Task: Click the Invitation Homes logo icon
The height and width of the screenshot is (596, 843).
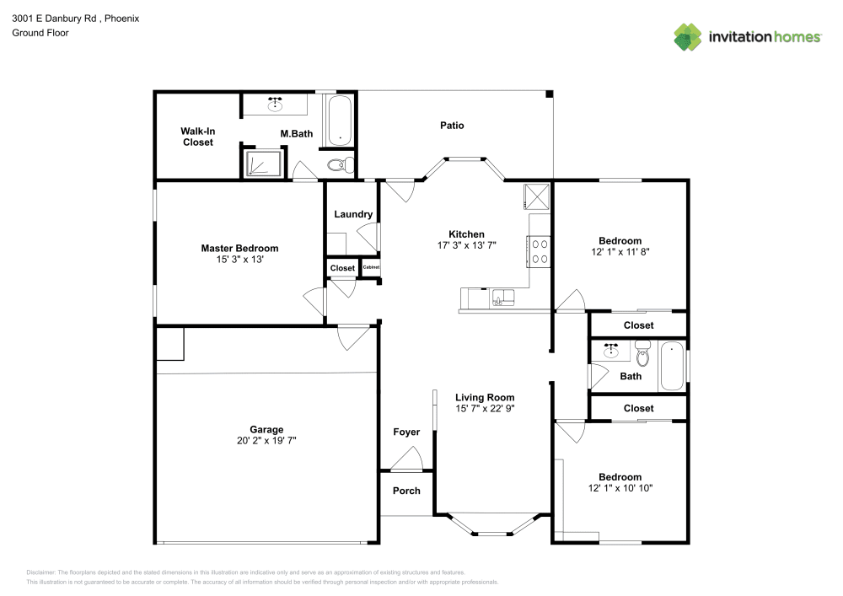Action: click(688, 36)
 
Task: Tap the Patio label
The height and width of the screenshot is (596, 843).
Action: click(452, 126)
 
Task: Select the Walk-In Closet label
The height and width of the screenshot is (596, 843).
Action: click(197, 137)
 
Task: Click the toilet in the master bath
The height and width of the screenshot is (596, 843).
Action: click(340, 164)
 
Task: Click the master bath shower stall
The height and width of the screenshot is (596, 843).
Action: click(263, 162)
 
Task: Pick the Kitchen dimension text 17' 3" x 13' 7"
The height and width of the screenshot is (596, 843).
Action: click(466, 246)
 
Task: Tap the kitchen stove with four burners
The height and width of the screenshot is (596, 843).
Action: click(539, 251)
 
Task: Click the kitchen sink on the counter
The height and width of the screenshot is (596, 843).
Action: click(504, 296)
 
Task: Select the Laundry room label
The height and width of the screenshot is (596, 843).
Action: click(353, 214)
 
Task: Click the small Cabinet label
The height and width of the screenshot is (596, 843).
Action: click(371, 268)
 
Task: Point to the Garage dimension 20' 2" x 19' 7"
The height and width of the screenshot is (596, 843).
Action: click(266, 440)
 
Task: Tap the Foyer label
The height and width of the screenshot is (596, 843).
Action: click(406, 432)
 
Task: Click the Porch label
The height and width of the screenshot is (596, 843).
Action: click(406, 491)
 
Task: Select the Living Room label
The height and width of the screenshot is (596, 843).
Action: click(485, 397)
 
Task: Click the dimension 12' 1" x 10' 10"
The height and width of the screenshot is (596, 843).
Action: click(620, 488)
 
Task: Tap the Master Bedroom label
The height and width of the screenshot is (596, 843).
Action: click(239, 248)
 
